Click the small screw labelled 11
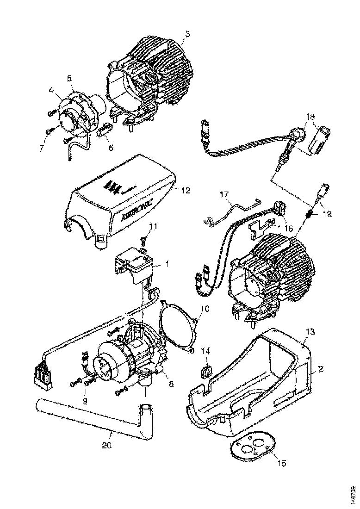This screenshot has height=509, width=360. tap(143, 241)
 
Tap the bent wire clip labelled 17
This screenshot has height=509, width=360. tap(231, 209)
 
